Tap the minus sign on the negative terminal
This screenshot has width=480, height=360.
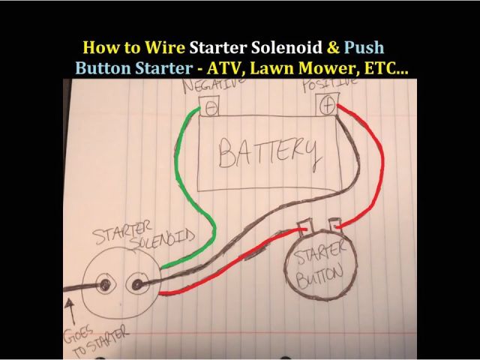[211, 108]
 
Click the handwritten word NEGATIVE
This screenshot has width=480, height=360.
[214, 85]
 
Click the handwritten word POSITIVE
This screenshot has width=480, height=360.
[330, 84]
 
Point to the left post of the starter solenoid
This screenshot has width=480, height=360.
[106, 285]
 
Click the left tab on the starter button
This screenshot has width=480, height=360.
[306, 226]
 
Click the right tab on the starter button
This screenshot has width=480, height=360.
[334, 225]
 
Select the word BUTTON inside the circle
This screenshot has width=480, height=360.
[319, 277]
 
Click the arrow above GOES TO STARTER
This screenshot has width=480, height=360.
[71, 312]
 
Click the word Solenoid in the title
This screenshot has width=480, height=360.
[286, 48]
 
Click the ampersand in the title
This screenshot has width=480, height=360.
[333, 48]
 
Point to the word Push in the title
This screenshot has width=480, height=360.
[364, 48]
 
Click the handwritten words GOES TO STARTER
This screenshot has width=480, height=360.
[95, 340]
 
